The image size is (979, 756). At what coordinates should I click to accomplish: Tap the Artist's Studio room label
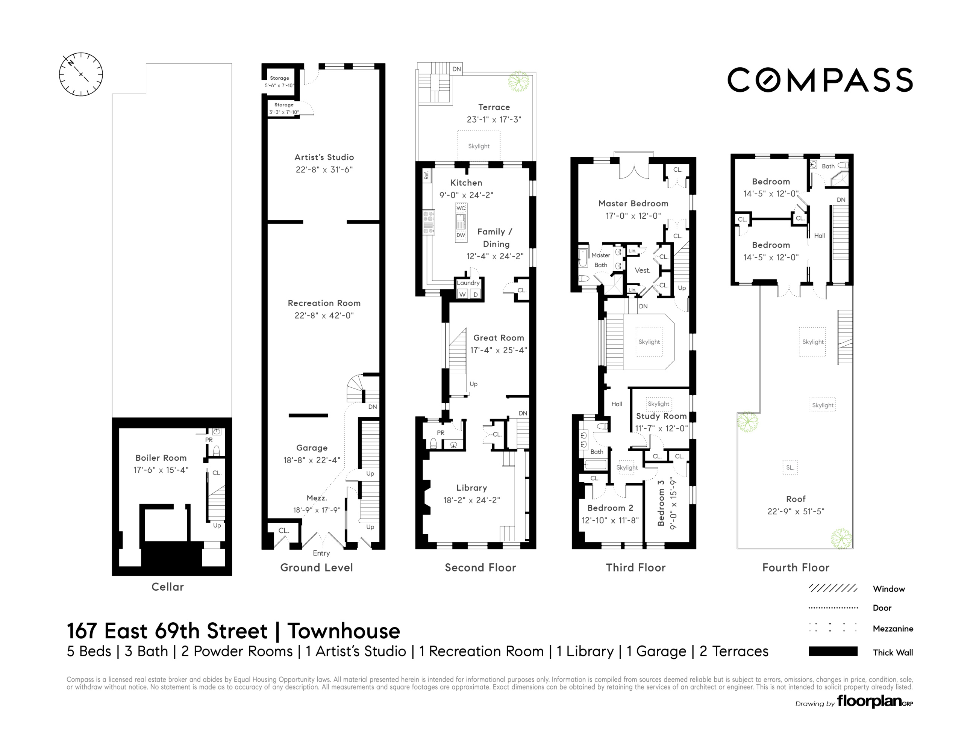pos(324,157)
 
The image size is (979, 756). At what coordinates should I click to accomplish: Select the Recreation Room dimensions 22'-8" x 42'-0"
pos(324,316)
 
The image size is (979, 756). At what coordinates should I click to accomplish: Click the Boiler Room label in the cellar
pos(161,458)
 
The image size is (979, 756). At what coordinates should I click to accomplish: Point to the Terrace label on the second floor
pos(494,107)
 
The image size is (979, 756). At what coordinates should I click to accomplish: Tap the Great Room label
pos(499,338)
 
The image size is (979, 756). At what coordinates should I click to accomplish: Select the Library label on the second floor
pos(471,488)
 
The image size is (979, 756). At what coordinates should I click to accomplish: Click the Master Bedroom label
pos(633,203)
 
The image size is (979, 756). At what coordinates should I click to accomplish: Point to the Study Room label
pos(661,416)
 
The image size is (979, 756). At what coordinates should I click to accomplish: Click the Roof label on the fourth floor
pos(796,499)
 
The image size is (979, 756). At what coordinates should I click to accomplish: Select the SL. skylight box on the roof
pos(790,467)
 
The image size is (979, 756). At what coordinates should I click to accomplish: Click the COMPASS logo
pos(820,80)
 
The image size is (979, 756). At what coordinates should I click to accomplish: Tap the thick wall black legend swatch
pos(833,652)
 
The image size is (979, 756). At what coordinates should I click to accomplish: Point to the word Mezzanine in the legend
pos(893,628)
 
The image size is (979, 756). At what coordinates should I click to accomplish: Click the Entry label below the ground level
pos(321,553)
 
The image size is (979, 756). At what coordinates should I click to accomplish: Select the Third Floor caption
pos(635,567)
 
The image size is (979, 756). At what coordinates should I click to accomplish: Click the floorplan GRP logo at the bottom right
pos(874,701)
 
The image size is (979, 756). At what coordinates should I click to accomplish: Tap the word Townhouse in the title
pos(343,631)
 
